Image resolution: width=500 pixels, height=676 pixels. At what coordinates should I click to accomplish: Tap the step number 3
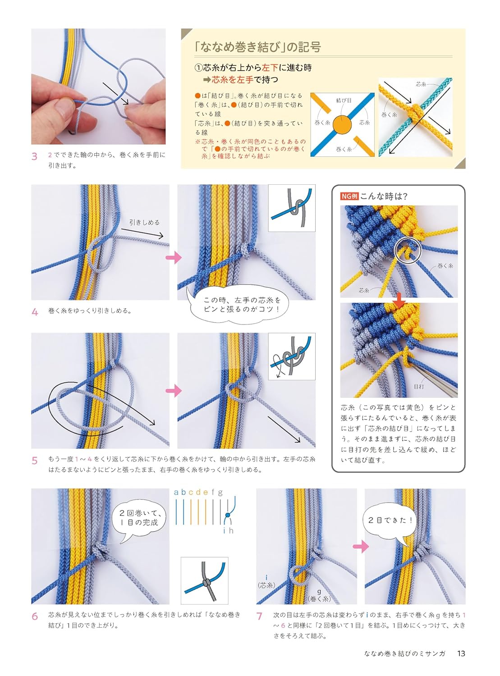click(34, 157)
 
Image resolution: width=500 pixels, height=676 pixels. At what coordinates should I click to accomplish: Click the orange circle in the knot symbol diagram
click(342, 125)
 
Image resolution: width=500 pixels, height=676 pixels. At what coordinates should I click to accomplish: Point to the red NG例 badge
click(349, 196)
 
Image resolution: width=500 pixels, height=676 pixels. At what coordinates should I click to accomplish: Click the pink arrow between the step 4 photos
click(174, 257)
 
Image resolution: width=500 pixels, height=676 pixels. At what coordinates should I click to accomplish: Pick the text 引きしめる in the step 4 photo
click(145, 223)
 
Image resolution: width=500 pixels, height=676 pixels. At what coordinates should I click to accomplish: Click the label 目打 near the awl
click(418, 387)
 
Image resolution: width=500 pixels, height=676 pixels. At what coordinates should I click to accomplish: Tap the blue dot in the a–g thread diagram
click(227, 515)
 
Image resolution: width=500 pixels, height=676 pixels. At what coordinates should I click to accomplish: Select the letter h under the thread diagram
click(231, 530)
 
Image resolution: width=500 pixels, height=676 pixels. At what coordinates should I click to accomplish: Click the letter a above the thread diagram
click(176, 492)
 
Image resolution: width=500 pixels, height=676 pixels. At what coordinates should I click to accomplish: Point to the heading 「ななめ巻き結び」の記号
click(257, 47)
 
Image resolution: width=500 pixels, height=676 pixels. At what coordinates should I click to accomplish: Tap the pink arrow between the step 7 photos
click(361, 547)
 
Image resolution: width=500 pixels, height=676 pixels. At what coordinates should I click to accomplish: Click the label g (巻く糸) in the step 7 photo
click(319, 595)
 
